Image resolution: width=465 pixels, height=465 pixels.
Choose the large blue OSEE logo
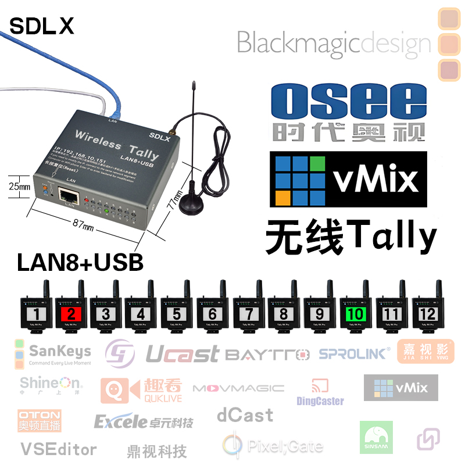pos(348,102)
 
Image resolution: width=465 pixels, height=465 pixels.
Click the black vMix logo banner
pos(348,179)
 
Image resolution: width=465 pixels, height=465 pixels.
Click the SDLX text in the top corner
pos(42,26)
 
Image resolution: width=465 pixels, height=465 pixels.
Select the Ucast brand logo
pos(182,353)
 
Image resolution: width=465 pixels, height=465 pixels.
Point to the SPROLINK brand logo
pos(355,353)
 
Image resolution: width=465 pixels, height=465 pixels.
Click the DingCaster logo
pos(320,394)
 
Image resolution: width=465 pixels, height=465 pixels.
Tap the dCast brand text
pos(245,415)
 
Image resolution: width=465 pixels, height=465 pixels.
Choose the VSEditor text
pos(58,449)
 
